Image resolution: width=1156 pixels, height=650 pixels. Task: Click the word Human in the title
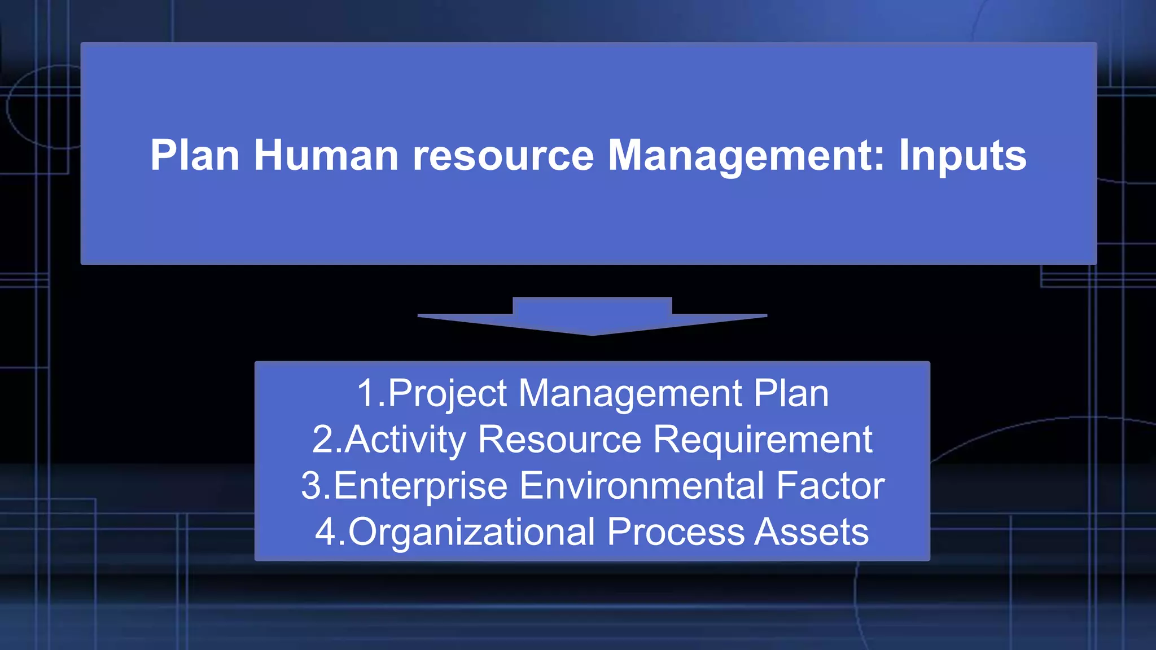pos(326,155)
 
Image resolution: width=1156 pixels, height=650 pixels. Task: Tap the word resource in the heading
pos(503,156)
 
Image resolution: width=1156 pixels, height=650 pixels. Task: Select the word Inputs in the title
pos(962,156)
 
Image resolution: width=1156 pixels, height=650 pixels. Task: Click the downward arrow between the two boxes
pos(592,317)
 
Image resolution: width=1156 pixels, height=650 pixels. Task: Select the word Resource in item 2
pos(560,440)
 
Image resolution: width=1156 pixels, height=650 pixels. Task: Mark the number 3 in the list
pos(312,486)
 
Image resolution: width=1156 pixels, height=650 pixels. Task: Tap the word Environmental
pos(641,486)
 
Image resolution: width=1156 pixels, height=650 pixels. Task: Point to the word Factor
pos(830,486)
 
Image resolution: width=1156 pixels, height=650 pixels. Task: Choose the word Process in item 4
pos(675,532)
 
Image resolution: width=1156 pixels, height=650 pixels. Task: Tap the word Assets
pos(811,532)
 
